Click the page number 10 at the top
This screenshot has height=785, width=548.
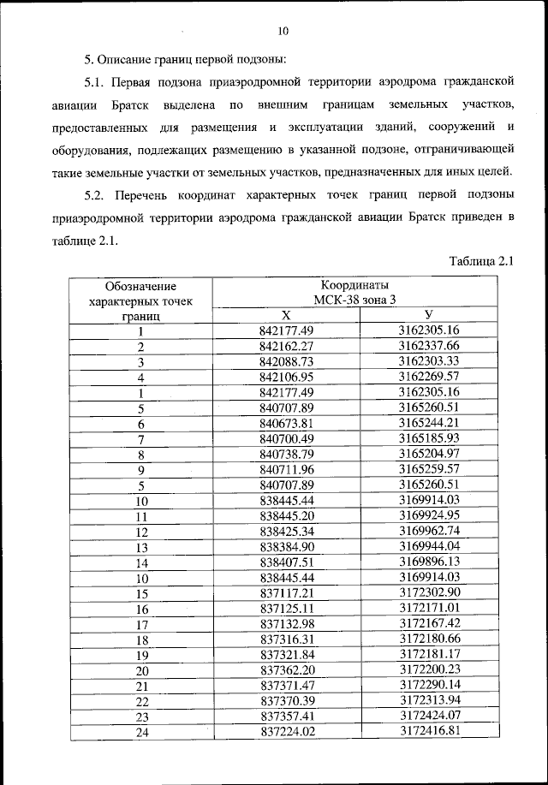pyautogui.click(x=283, y=32)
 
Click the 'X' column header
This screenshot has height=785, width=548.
pyautogui.click(x=287, y=315)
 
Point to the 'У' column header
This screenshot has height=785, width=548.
pyautogui.click(x=429, y=315)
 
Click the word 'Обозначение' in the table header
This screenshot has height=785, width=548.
pyautogui.click(x=140, y=285)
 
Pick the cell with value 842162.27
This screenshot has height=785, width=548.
pyautogui.click(x=287, y=346)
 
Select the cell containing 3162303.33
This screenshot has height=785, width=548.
pyautogui.click(x=429, y=361)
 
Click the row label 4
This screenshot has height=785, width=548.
pyautogui.click(x=140, y=378)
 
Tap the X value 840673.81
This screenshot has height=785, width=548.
pyautogui.click(x=287, y=424)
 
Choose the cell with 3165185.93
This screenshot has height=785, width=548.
pyautogui.click(x=429, y=438)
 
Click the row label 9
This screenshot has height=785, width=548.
pyautogui.click(x=140, y=470)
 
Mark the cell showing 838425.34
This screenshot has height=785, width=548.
pyautogui.click(x=287, y=531)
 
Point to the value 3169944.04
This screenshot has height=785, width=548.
pyautogui.click(x=429, y=546)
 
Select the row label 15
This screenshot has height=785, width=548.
pyautogui.click(x=140, y=592)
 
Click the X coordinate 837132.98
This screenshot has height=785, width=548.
pyautogui.click(x=287, y=623)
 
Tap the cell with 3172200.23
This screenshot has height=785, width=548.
pyautogui.click(x=429, y=669)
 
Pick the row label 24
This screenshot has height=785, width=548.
pyautogui.click(x=140, y=732)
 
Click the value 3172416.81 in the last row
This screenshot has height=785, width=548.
pyautogui.click(x=429, y=731)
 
